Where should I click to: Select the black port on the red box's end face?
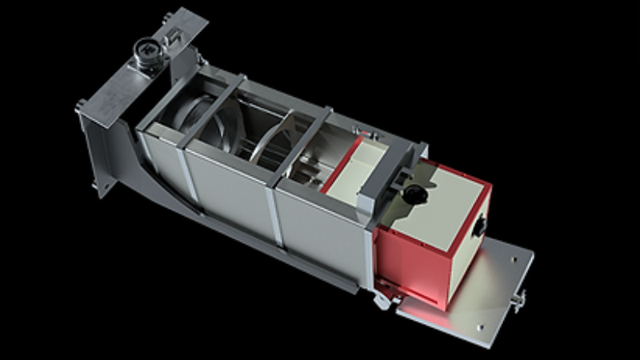click(x=480, y=226)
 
